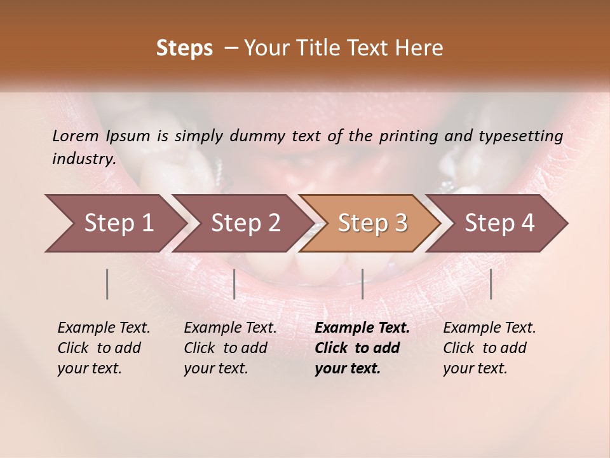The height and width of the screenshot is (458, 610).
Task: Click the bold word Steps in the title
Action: pos(184,48)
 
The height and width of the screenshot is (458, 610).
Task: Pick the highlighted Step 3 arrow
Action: pos(372,223)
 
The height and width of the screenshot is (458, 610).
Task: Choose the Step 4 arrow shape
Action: pos(499,223)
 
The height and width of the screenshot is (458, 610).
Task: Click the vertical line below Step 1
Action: pos(107,284)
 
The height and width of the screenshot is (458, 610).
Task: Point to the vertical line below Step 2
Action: pos(234,284)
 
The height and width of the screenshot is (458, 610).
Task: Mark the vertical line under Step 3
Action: pos(362,284)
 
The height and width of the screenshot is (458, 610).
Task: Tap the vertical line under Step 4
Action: pos(491,284)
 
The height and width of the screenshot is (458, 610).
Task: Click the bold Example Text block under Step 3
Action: pos(362,348)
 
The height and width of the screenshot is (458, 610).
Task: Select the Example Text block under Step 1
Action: pos(104,348)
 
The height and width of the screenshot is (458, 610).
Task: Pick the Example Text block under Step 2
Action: pos(230,348)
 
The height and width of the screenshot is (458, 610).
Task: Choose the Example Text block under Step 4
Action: pos(489,348)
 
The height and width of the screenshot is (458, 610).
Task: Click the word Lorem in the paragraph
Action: pos(76,135)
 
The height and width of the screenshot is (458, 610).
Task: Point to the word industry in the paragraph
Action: pos(84,158)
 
